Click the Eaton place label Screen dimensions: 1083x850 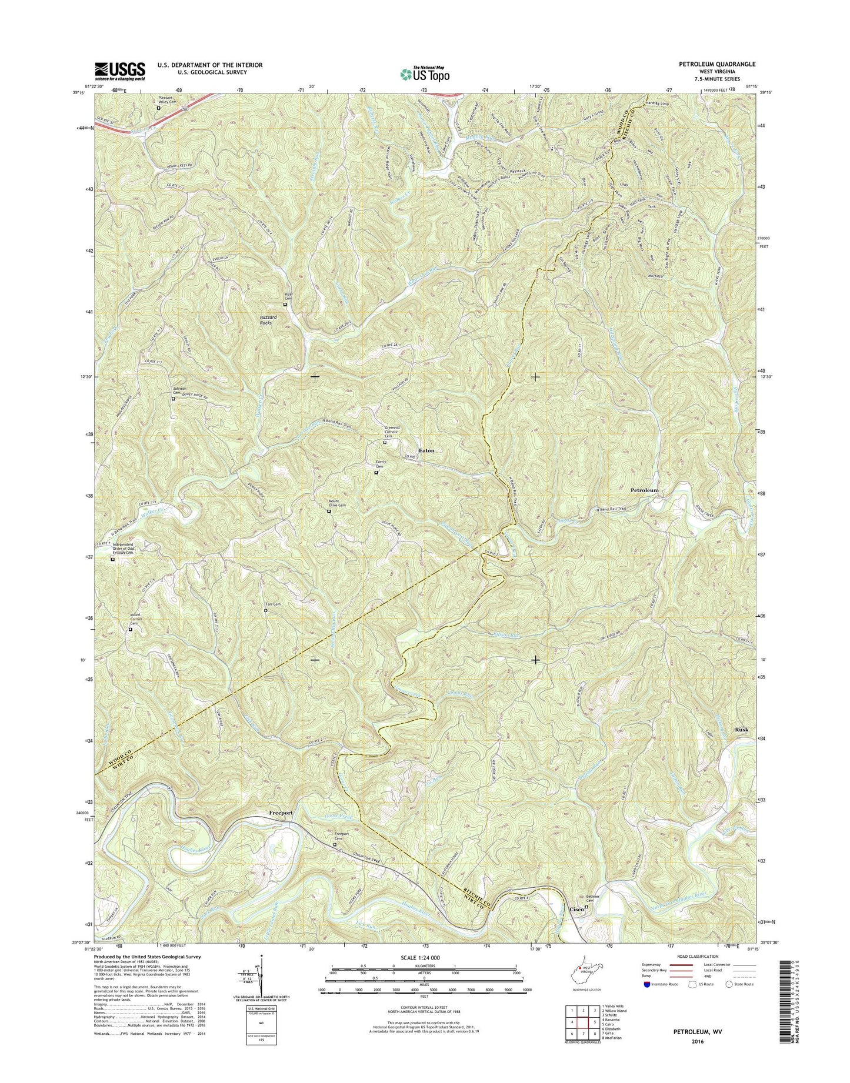click(426, 450)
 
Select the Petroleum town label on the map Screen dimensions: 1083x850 click(644, 490)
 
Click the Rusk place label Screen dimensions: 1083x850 click(742, 730)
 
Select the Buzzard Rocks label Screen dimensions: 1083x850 click(268, 320)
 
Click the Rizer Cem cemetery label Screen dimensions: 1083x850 click(288, 297)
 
